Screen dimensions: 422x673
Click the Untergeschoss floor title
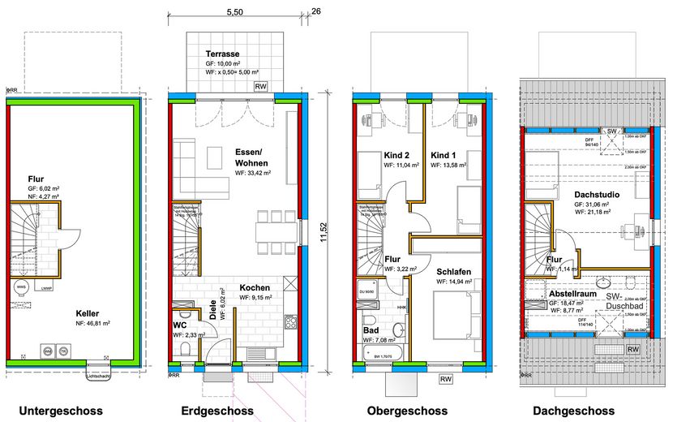pos(61,411)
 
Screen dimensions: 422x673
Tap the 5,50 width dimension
pos(235,12)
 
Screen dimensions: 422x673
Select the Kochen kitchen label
pos(255,287)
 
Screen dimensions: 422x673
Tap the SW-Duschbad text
pos(624,303)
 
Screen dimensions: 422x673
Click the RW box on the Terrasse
pos(261,86)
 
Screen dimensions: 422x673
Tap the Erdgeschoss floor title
pos(217,411)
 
